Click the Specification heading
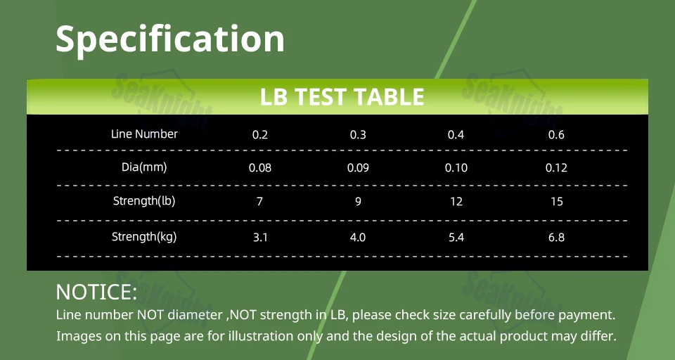pos(170,39)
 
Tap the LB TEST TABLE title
pos(342,97)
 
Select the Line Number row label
pos(144,134)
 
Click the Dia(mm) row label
pos(144,167)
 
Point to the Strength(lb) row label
pos(144,200)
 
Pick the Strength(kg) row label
pos(144,236)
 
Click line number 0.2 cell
pos(260,135)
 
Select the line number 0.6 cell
pos(556,135)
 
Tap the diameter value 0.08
pos(260,168)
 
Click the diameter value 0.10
pos(456,168)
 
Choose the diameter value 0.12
pos(556,168)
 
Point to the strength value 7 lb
pos(259,202)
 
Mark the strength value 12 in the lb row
pos(456,202)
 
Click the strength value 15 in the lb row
pos(557,202)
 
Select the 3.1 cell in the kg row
pos(260,237)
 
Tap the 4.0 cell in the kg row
pos(358,237)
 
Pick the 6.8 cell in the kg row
pos(556,237)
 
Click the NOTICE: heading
pos(96,292)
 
